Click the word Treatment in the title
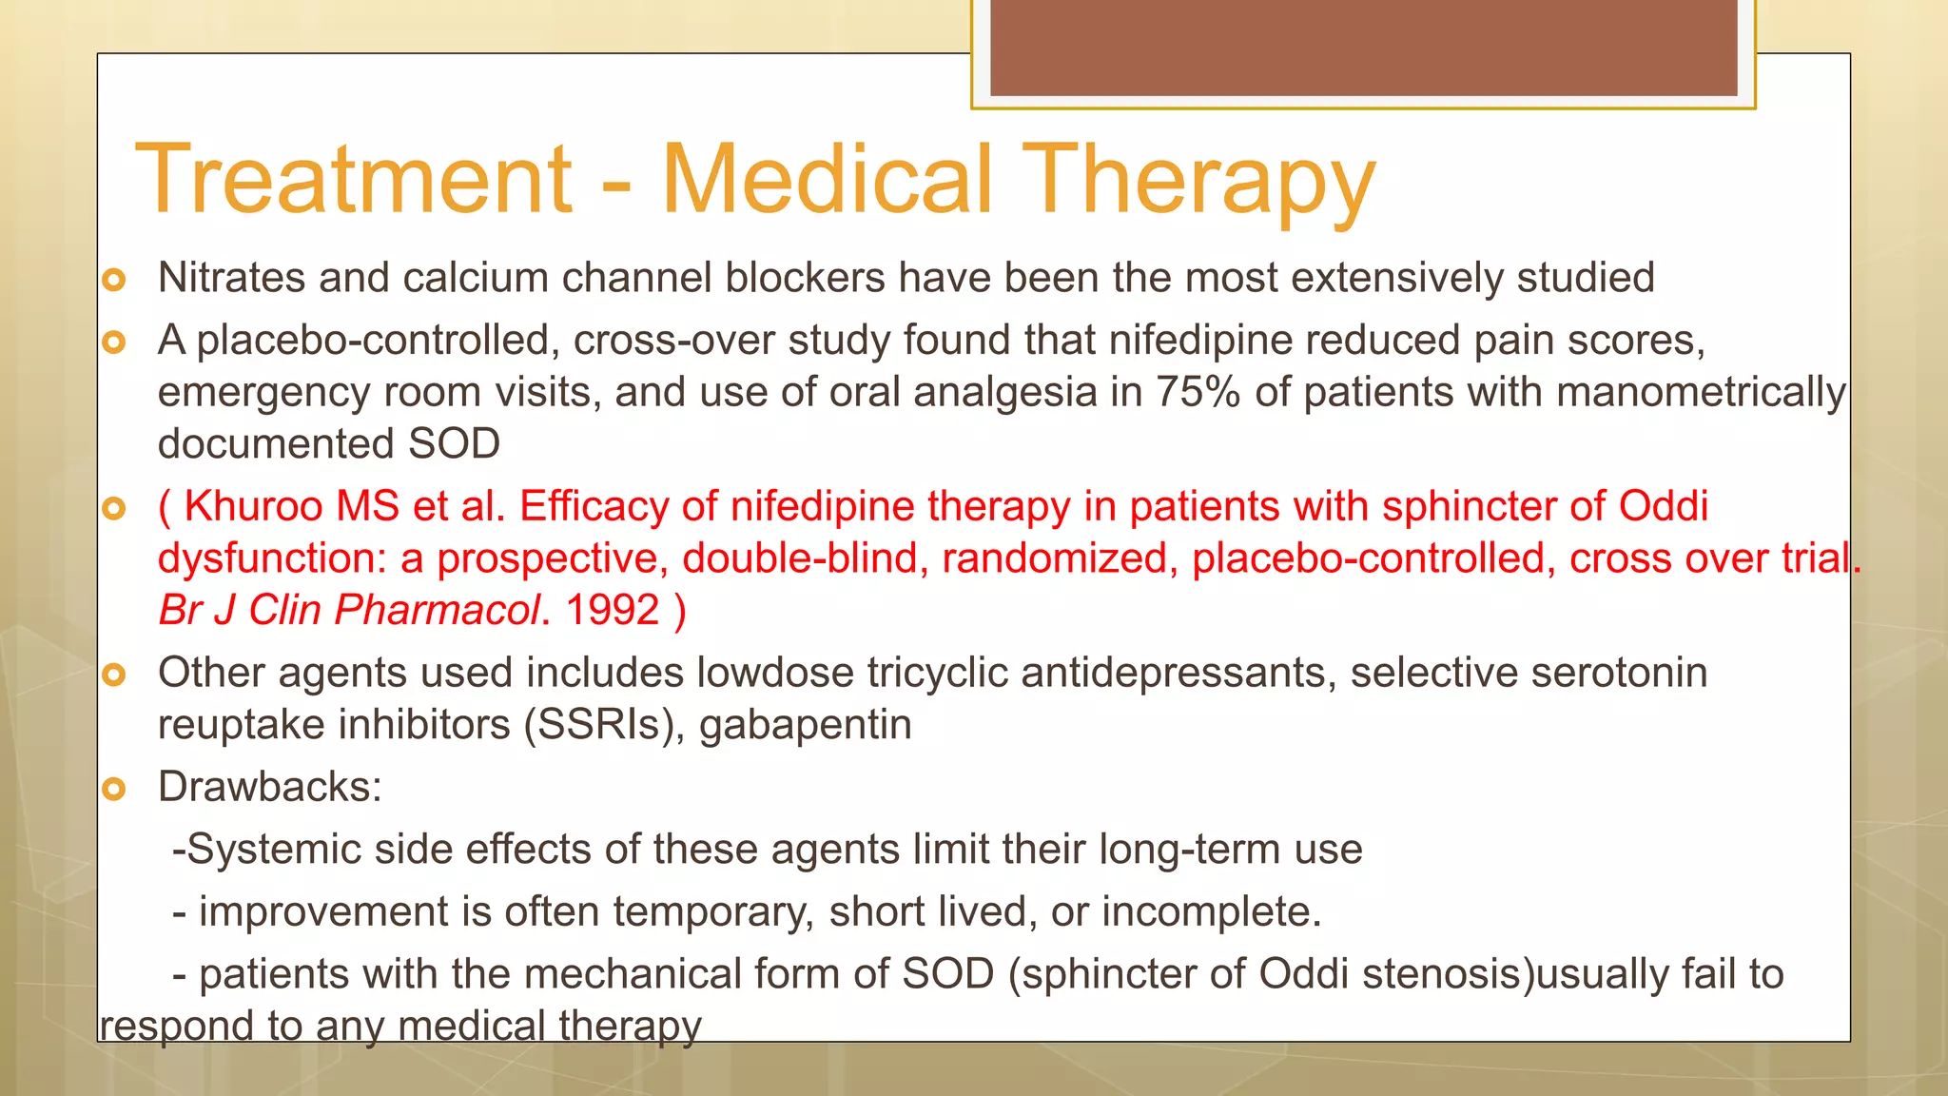click(354, 179)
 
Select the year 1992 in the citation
click(613, 610)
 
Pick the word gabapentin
click(806, 725)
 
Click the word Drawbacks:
click(270, 787)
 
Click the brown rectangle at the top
click(1363, 48)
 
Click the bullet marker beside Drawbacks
click(114, 789)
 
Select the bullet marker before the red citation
click(114, 509)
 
